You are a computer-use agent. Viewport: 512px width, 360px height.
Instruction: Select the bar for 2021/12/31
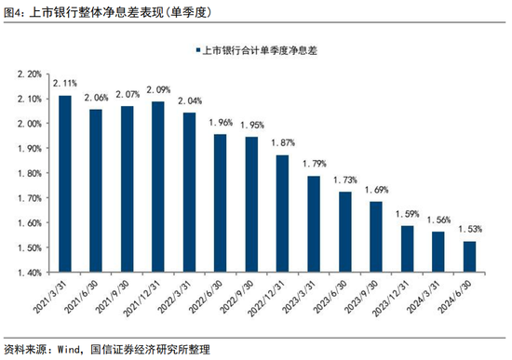[x=157, y=187]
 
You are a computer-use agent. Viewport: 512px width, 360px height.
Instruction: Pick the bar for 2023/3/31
[x=314, y=224]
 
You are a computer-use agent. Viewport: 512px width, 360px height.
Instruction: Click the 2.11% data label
[x=65, y=84]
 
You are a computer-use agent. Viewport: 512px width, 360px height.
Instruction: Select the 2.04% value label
[x=189, y=100]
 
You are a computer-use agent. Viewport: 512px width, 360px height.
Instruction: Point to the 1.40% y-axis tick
[x=30, y=273]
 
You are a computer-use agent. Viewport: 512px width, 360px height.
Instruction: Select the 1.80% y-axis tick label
[x=30, y=173]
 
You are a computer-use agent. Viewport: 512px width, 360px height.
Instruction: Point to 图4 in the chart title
[x=14, y=12]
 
